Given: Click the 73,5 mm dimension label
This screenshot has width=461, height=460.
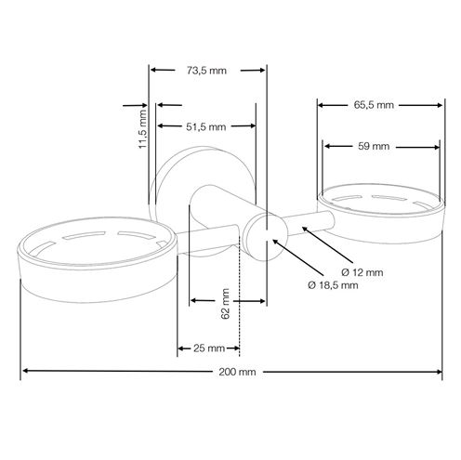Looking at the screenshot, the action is tap(206, 71).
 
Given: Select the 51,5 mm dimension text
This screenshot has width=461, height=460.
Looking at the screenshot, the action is tap(206, 126).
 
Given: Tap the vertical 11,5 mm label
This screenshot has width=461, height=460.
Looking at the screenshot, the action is tap(142, 128).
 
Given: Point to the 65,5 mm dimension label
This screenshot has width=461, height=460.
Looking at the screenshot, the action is tap(374, 105).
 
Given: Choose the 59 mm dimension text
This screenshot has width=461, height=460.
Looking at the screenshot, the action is tap(374, 146).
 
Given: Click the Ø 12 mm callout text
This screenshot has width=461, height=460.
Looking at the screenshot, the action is tap(362, 272).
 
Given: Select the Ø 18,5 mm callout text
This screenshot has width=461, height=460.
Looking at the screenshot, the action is tap(333, 285).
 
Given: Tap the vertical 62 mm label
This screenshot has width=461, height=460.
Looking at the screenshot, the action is tap(225, 304).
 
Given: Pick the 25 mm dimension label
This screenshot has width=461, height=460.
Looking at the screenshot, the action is tap(209, 348).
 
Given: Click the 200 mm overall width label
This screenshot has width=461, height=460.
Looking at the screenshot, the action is tap(237, 372).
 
